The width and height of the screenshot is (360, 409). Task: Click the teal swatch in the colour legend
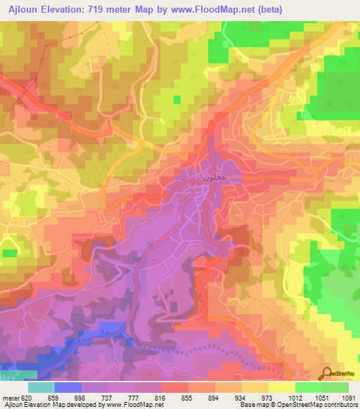41,387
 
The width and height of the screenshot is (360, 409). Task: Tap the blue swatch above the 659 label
68,387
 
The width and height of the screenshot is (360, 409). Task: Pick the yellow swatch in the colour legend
281,387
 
